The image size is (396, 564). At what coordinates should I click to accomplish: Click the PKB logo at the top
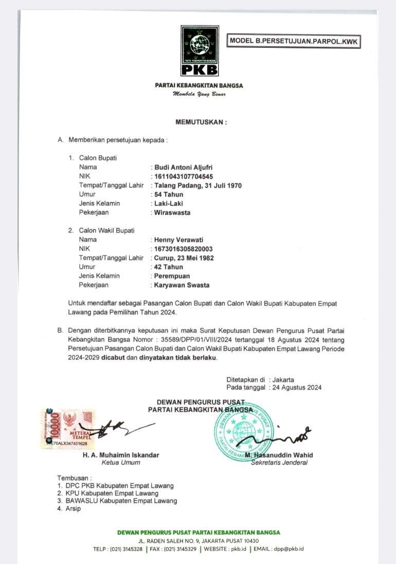(x=199, y=51)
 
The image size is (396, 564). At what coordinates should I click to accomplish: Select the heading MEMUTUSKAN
(x=201, y=122)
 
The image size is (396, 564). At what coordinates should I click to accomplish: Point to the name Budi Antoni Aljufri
(x=183, y=167)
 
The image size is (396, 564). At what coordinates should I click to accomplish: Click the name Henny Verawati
(x=178, y=239)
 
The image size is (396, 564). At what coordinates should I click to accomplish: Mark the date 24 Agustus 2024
(x=296, y=387)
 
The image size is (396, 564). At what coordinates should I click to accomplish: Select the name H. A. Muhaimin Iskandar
(x=121, y=455)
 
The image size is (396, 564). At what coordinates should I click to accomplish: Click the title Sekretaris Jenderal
(x=279, y=462)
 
